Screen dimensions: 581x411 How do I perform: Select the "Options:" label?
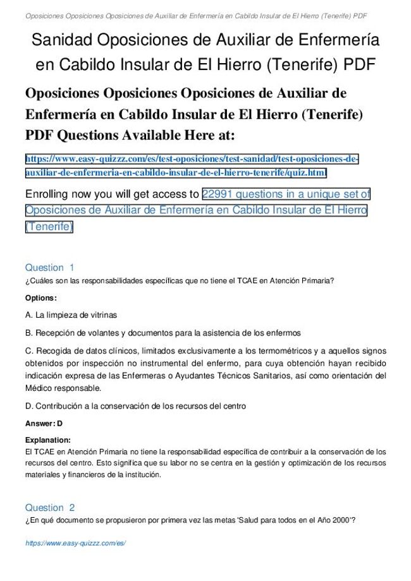coord(40,297)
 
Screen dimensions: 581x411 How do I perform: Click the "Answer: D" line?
coord(44,423)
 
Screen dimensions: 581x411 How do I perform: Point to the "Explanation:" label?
coord(47,440)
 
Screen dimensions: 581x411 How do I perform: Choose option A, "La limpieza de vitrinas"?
coord(71,314)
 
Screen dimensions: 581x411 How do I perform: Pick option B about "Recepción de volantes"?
coord(163,332)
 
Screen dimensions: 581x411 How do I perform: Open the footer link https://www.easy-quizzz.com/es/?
coord(75,543)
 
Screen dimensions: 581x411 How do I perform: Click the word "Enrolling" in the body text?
coord(51,194)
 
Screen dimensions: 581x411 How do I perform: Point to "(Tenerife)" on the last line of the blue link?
coord(49,226)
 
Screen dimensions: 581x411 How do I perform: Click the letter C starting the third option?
coord(28,350)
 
